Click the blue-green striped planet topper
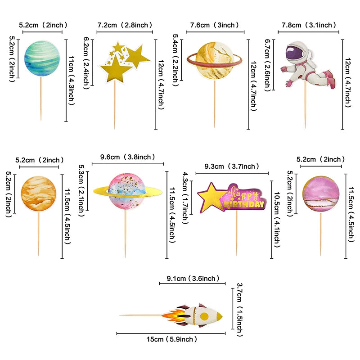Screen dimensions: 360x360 [x=42, y=58]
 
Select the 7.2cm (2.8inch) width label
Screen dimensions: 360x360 [x=125, y=25]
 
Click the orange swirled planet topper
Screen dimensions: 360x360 [x=39, y=193]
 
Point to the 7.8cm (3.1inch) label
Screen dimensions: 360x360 [x=309, y=25]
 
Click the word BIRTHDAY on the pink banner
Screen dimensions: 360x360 [x=244, y=204]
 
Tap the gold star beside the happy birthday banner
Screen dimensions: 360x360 [x=210, y=197]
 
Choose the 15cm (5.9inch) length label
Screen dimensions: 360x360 [x=172, y=339]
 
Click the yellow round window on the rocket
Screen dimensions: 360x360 [x=204, y=316]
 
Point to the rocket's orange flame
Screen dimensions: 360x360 [x=174, y=316]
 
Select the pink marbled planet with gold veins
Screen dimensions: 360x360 [x=321, y=194]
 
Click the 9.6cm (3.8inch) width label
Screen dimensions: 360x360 [x=128, y=157]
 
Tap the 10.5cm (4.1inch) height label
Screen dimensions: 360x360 [x=277, y=219]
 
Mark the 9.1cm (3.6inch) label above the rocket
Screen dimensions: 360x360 [x=193, y=279]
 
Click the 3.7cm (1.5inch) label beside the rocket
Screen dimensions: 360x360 [x=239, y=310]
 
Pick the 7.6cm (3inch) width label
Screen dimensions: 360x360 [x=215, y=25]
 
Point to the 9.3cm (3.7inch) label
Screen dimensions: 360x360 [x=232, y=166]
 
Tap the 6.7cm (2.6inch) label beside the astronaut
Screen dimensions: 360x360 [x=267, y=65]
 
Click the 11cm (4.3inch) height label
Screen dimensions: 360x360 [x=72, y=81]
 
